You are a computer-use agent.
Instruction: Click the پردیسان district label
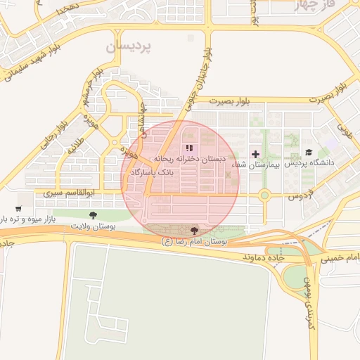pyautogui.click(x=129, y=46)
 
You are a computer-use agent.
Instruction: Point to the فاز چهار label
pyautogui.click(x=342, y=5)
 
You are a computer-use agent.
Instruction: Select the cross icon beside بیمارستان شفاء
pyautogui.click(x=255, y=153)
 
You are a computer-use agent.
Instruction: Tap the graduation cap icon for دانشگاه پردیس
pyautogui.click(x=309, y=153)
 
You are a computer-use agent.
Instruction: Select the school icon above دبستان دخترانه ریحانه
pyautogui.click(x=188, y=148)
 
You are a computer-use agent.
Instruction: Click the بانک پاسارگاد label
pyautogui.click(x=167, y=171)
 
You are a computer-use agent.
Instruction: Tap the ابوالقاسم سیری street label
pyautogui.click(x=70, y=192)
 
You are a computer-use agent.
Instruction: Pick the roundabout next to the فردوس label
pyautogui.click(x=264, y=195)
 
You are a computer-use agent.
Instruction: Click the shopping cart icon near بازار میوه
pyautogui.click(x=18, y=209)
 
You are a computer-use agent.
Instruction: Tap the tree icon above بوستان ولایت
pyautogui.click(x=94, y=215)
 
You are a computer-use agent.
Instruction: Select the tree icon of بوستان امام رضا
pyautogui.click(x=194, y=230)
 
